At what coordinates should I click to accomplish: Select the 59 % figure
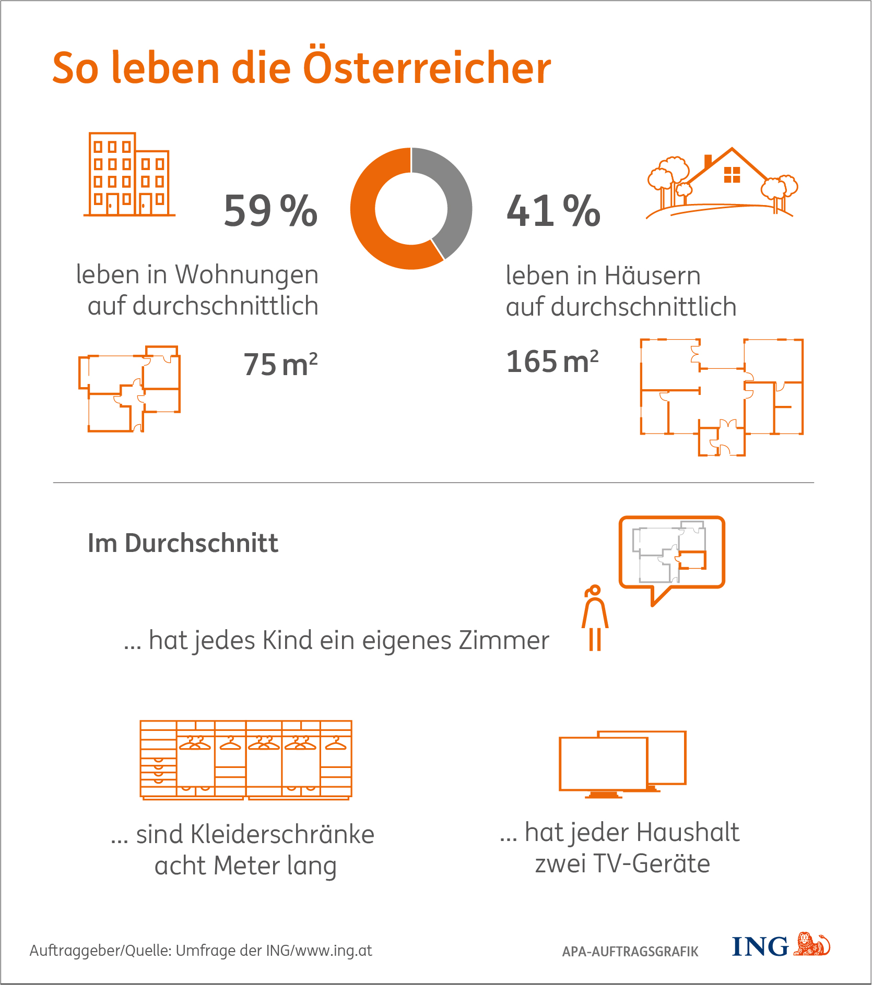coord(270,211)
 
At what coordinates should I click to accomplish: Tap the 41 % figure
coord(553,211)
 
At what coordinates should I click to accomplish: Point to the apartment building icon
coord(129,174)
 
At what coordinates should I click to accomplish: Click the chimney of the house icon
coord(708,161)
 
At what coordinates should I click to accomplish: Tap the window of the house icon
coord(732,175)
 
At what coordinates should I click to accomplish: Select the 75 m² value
coord(280,364)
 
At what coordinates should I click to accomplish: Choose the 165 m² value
coord(552,361)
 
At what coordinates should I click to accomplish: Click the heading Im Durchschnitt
coord(183,543)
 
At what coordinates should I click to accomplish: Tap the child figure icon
coord(595,618)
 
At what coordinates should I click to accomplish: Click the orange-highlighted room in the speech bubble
coord(693,560)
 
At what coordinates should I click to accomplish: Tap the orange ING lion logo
coord(811,944)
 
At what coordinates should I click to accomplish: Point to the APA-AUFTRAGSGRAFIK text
coord(630,952)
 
